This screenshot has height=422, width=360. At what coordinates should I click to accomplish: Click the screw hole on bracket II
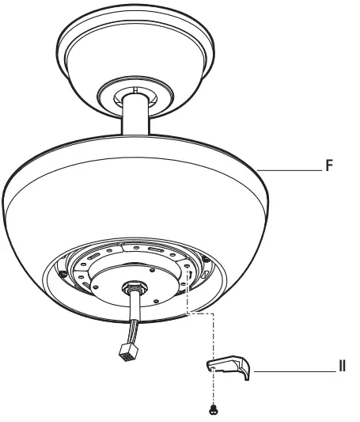[214, 367]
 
